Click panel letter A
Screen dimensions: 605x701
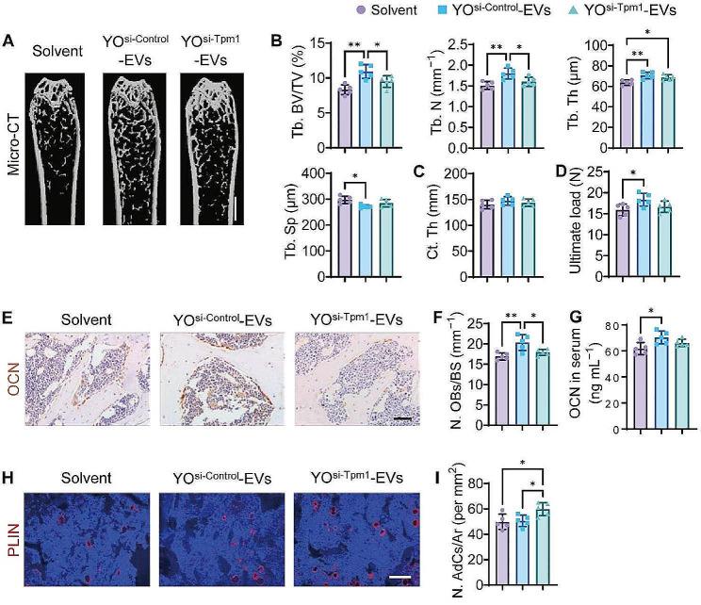coord(8,41)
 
